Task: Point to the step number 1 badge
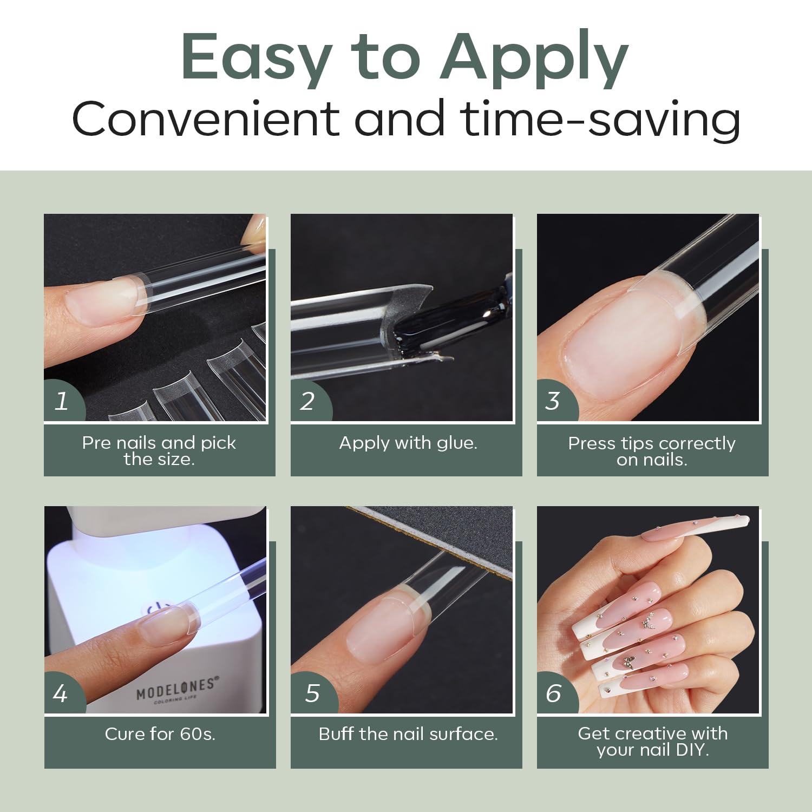[62, 401]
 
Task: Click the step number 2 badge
[309, 401]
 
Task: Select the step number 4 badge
[62, 693]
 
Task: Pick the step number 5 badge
[312, 693]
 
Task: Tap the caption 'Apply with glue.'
[408, 443]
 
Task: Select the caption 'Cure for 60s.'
[160, 734]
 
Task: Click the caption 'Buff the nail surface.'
[408, 734]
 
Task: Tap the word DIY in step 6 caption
[692, 750]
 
